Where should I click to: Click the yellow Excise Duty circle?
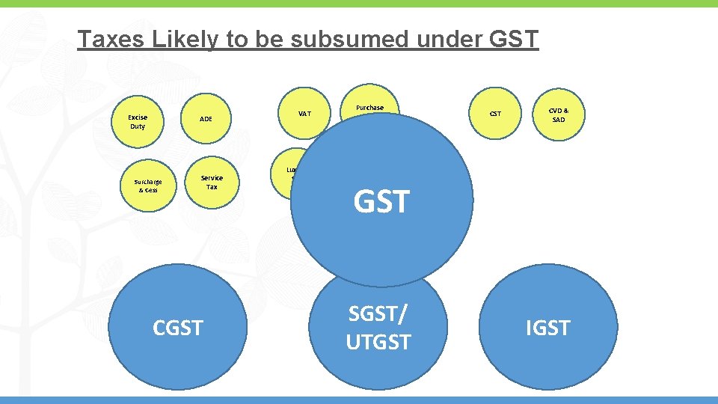(x=137, y=121)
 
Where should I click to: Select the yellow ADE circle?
(x=206, y=118)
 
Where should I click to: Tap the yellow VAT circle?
(x=304, y=114)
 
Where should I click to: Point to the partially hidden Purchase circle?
(x=369, y=104)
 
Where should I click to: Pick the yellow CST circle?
(x=495, y=114)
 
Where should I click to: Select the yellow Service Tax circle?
(x=212, y=182)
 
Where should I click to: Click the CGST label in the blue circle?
(x=177, y=328)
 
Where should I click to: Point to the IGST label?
(x=548, y=328)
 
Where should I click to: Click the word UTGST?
(x=378, y=342)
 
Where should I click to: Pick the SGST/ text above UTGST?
(x=378, y=314)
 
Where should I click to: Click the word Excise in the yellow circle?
(x=138, y=117)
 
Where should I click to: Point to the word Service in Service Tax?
(x=212, y=177)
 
